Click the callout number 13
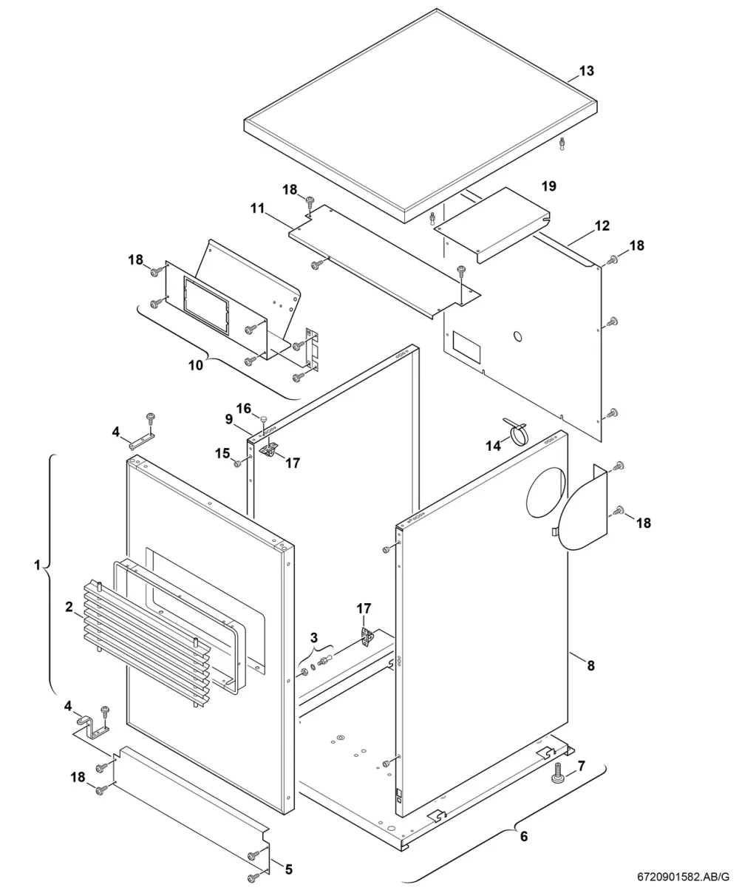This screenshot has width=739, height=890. pos(587,71)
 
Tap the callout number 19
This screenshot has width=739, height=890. pos(549,186)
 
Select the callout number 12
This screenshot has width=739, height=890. pos(602,225)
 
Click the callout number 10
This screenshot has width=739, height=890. pos(196,365)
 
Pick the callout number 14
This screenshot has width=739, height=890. pos(494,446)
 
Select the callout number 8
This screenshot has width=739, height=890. pos(590,665)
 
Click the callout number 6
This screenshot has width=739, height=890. pos(524,837)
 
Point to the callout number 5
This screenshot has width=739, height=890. pos(288,869)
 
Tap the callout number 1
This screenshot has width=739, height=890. pos(37,565)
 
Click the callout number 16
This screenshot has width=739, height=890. pos(244,409)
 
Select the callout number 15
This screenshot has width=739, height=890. pos(222,454)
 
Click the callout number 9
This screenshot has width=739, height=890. pos(229,419)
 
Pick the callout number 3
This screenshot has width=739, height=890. pos(313,638)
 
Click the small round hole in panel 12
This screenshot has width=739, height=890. pos(518,336)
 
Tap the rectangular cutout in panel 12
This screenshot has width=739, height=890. pos(466,347)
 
